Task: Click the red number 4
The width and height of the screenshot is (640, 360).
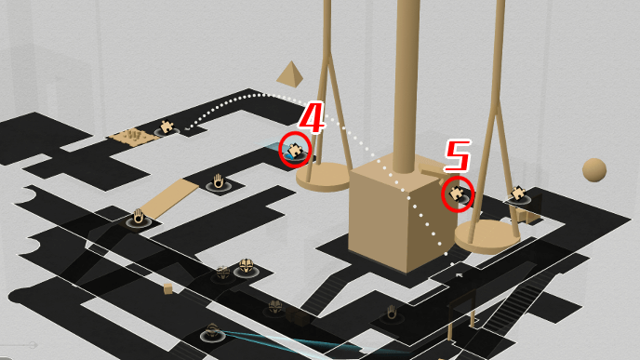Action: coord(313,117)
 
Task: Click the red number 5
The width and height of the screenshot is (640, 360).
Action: coord(458,155)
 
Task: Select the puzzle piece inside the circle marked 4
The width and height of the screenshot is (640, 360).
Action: coord(294,150)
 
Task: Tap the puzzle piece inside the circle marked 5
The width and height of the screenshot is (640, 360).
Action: coord(456,193)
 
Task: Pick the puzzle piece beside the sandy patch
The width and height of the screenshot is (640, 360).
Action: coord(167,127)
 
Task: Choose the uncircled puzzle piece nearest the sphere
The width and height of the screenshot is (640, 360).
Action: coord(518,193)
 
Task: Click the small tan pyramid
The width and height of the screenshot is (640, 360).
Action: coord(290,73)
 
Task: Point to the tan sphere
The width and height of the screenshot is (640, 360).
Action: coord(594,170)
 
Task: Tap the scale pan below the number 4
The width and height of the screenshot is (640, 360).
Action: coord(323,177)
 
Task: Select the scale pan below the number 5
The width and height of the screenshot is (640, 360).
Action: coord(487,236)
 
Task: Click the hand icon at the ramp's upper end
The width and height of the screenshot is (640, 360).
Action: coord(219,181)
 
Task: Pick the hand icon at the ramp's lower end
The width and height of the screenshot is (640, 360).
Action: coord(139,217)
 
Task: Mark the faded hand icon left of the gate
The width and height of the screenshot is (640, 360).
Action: coord(392,313)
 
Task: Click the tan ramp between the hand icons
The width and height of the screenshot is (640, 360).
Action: coord(170,199)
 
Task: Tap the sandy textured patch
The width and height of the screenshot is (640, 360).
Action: coord(133,136)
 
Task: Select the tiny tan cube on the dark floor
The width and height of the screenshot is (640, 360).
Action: coord(168,289)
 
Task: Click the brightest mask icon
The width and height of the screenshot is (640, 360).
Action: coord(247,267)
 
